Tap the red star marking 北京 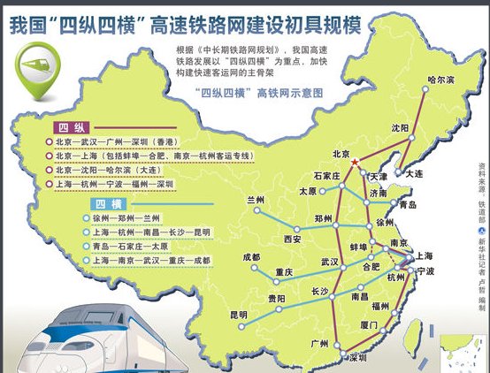[356, 164]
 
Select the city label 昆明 [239, 315]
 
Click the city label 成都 [251, 257]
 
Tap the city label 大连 [414, 173]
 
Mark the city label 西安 [294, 239]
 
